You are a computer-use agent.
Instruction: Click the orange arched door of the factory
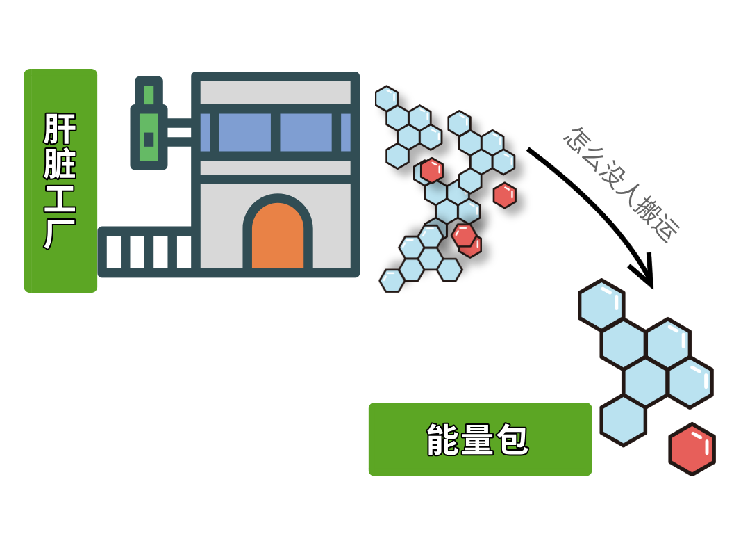click(277, 238)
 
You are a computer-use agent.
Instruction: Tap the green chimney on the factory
click(149, 125)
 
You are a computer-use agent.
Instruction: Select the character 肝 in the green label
click(60, 129)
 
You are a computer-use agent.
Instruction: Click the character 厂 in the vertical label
click(60, 233)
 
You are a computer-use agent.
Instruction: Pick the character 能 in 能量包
click(443, 439)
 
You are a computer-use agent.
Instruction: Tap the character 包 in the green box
click(512, 439)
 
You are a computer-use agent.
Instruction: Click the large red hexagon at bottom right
click(692, 449)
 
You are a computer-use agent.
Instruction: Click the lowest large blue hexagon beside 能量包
click(623, 421)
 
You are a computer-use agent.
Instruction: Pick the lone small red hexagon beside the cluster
click(505, 195)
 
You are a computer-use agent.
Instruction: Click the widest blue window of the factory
click(244, 132)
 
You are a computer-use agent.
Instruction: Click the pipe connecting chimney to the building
click(179, 132)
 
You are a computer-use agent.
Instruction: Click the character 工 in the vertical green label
click(60, 198)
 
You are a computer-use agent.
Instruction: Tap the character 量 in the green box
click(478, 439)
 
